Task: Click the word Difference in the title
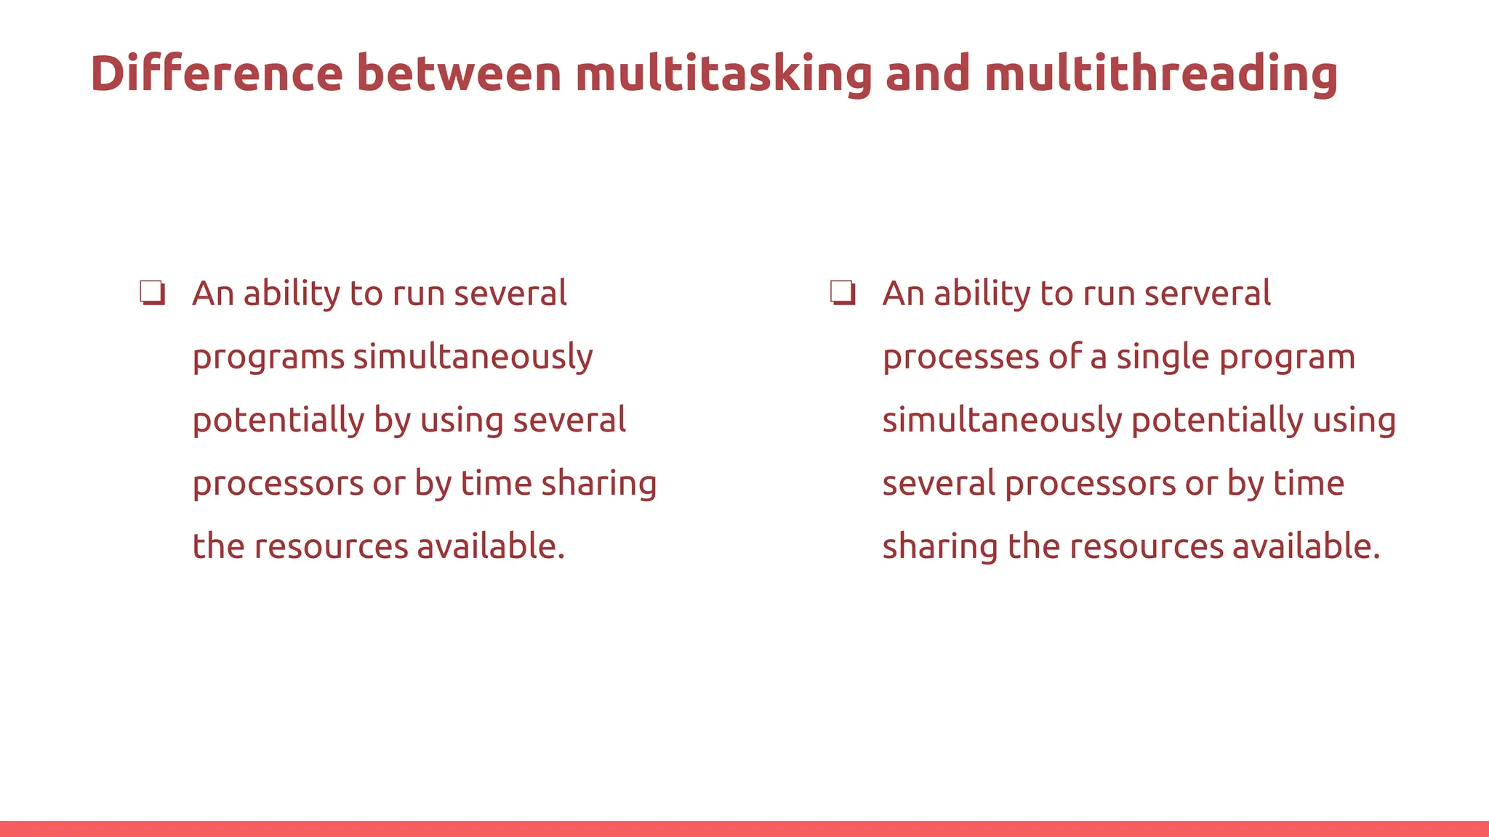tap(216, 73)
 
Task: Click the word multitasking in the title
tap(723, 73)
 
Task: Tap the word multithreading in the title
tap(1160, 73)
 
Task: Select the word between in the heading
tap(459, 73)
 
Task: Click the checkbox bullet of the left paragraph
tap(153, 294)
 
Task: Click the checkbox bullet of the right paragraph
tap(843, 294)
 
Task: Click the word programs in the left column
tap(268, 357)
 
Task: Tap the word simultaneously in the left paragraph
tap(473, 357)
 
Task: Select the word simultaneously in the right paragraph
tap(1003, 420)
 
